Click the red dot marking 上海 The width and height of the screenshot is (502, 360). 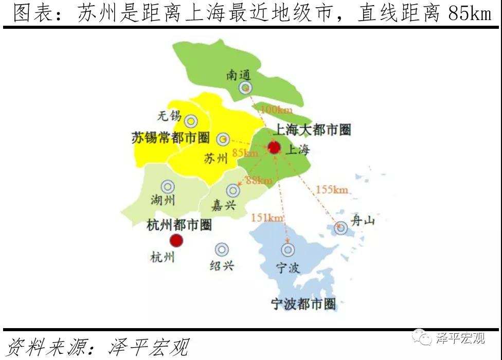click(274, 148)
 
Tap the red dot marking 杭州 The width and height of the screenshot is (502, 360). click(176, 240)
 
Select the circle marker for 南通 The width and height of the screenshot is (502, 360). click(245, 88)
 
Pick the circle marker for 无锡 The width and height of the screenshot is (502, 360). click(191, 121)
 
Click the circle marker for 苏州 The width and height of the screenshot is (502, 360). click(223, 139)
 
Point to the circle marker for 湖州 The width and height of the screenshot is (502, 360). click(167, 187)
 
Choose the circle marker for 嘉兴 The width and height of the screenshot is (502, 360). click(233, 190)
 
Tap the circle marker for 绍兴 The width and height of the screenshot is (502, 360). click(222, 249)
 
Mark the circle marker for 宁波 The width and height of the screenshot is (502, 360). click(288, 250)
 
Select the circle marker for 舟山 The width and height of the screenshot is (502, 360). click(340, 227)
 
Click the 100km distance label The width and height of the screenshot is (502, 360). click(276, 110)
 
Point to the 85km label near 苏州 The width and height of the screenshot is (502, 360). click(245, 153)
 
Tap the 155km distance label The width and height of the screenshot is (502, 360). click(332, 190)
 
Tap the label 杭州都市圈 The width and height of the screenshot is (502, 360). click(179, 225)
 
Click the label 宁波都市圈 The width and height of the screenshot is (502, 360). click(303, 304)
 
